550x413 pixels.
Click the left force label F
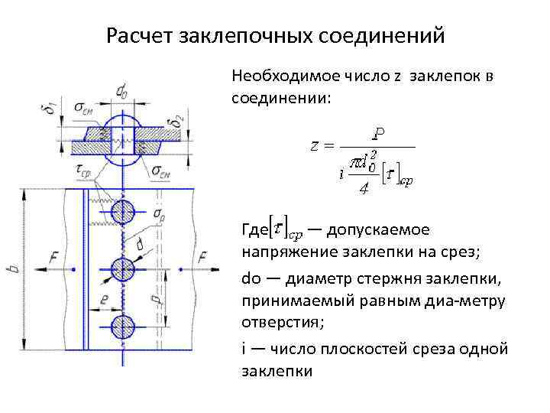point(54,259)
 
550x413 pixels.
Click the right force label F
point(202,259)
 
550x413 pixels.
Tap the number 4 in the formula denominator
point(364,189)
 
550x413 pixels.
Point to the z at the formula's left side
point(315,145)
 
